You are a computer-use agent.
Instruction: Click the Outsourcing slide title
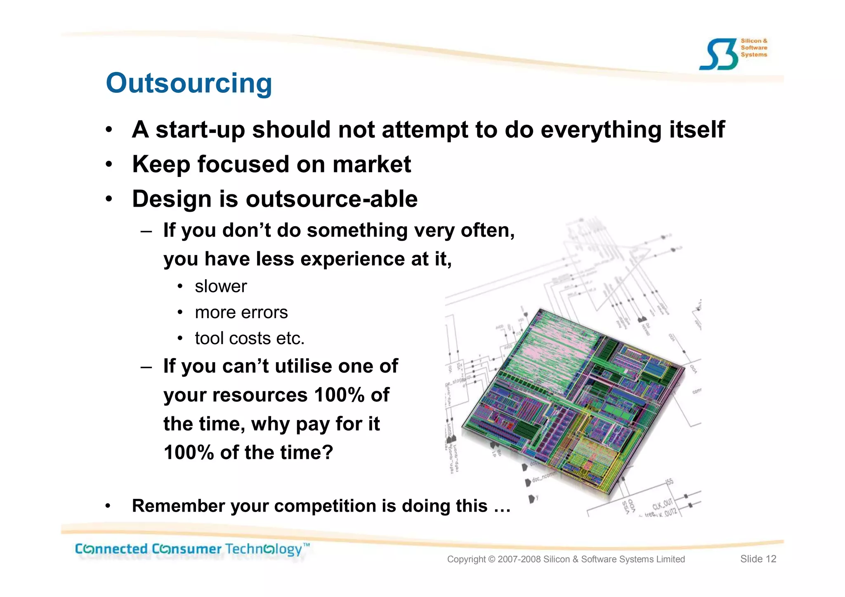click(x=189, y=83)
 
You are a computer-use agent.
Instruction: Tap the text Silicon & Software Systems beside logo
click(x=754, y=47)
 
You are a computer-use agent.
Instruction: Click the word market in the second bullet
click(x=372, y=164)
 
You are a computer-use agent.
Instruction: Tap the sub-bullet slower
click(x=221, y=286)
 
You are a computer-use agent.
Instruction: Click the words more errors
click(x=241, y=312)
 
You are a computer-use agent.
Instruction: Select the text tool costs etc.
click(x=250, y=338)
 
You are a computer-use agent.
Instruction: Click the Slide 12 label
click(x=758, y=559)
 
